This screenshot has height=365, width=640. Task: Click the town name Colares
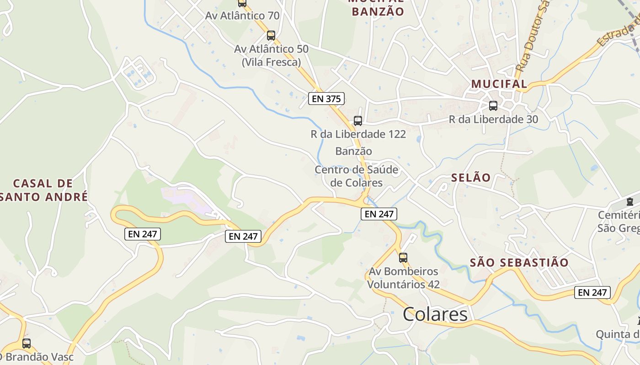(435, 314)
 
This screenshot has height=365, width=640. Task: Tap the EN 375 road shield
(326, 99)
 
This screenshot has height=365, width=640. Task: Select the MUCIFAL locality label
(499, 84)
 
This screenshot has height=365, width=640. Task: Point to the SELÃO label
(471, 177)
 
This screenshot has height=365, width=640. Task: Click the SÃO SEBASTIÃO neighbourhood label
(519, 262)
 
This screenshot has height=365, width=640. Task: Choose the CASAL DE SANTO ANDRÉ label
(43, 190)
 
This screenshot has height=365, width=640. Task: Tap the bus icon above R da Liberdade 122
(358, 121)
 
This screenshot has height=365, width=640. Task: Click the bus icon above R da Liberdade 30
(493, 106)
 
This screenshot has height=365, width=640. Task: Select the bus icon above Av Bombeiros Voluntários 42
(403, 258)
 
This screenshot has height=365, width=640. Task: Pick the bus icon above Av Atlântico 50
(271, 36)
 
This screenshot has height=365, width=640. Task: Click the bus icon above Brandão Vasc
(27, 343)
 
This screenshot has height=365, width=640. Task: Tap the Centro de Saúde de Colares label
(357, 176)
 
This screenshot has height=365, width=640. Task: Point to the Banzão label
(353, 151)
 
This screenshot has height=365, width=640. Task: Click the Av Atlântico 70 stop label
(242, 16)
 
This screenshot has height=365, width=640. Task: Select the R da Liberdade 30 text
(493, 120)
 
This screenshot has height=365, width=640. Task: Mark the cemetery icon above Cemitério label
(630, 201)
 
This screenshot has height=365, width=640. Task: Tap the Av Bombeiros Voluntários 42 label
(404, 278)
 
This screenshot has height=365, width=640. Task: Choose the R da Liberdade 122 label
(358, 134)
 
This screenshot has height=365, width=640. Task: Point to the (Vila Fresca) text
(271, 62)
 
